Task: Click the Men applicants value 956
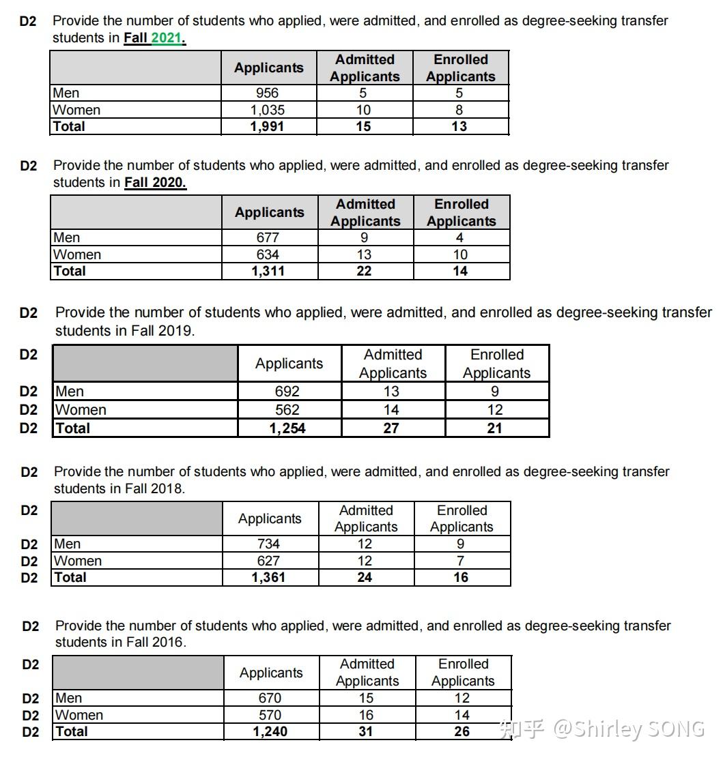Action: (267, 93)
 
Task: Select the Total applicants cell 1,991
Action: (267, 126)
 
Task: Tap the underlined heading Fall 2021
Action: (155, 38)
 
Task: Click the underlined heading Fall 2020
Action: (155, 183)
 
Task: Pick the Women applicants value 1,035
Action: (267, 110)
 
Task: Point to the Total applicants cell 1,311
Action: (268, 271)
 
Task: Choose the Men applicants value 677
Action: (268, 238)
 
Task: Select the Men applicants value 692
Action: (287, 392)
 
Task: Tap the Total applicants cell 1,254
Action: (287, 428)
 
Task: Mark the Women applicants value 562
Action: (287, 410)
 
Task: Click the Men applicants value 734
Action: (268, 544)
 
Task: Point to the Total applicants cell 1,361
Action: (268, 577)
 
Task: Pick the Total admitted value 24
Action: (365, 577)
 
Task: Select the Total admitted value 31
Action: (366, 731)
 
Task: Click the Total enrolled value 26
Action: (462, 731)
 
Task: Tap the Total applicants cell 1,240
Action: (270, 731)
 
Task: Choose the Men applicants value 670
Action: (270, 699)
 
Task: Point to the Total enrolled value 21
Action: (495, 428)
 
